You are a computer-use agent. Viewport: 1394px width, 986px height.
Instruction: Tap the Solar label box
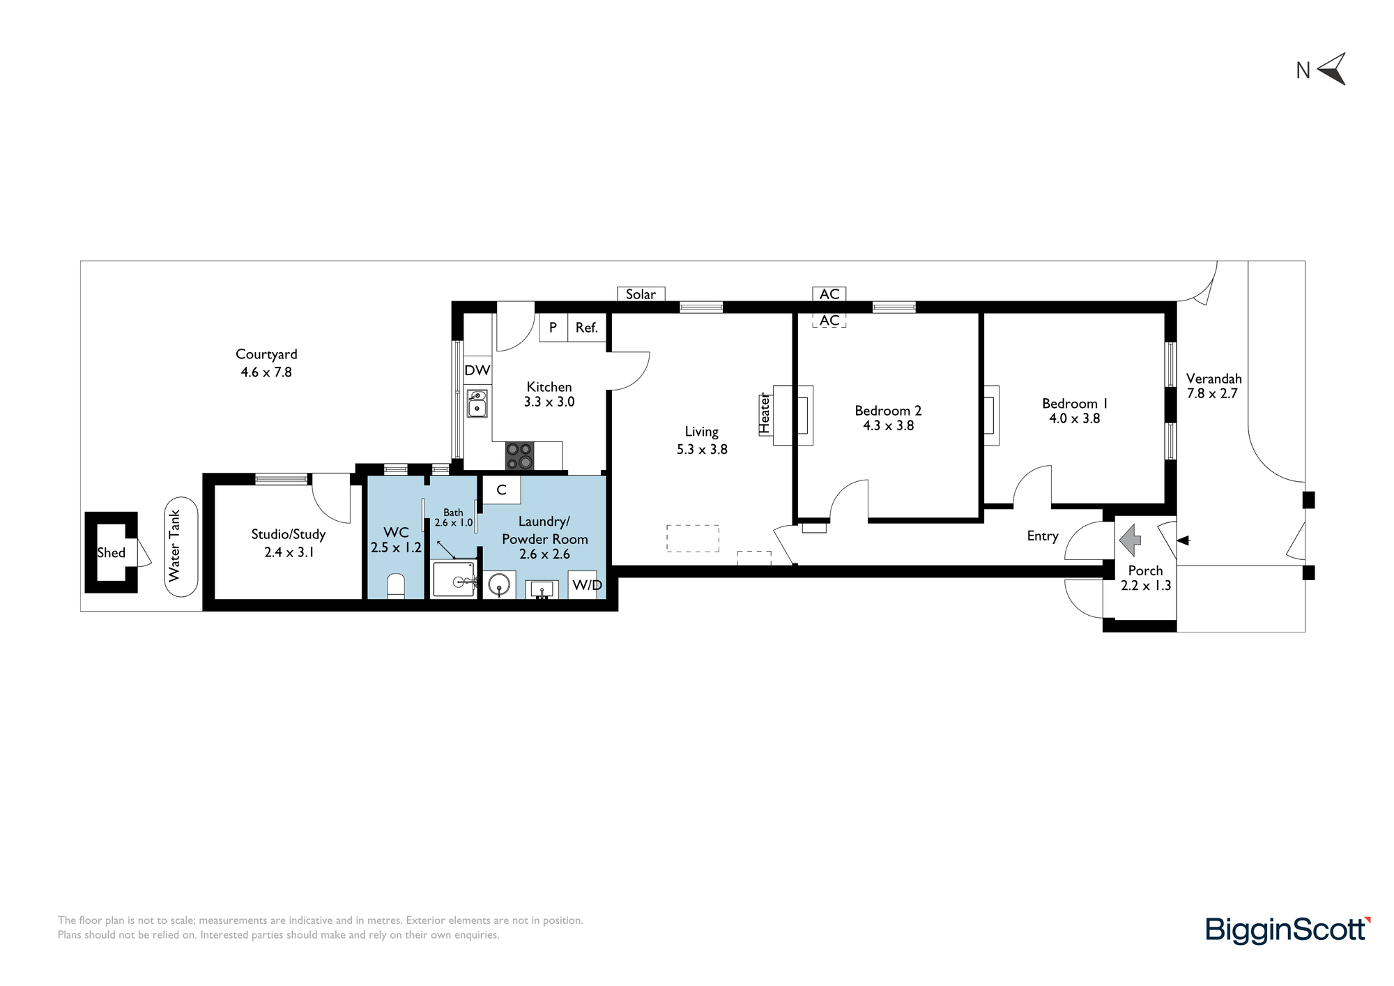641,294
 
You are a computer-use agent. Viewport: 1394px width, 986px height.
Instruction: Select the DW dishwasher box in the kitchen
477,370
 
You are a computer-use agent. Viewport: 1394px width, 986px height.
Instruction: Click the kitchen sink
477,403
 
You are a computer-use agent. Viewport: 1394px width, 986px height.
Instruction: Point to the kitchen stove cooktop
520,456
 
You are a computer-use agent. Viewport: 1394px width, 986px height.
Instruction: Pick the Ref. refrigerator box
587,327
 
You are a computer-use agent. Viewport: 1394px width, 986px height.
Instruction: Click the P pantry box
553,327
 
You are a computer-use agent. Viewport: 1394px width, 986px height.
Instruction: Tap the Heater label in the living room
765,414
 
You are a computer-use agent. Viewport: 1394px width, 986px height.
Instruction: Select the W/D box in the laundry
587,584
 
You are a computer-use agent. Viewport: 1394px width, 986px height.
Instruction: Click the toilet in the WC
396,586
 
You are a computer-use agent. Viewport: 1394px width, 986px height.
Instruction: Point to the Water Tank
181,546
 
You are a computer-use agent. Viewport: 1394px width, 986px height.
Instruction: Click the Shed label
112,552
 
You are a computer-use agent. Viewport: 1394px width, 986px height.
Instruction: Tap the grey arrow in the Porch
1130,540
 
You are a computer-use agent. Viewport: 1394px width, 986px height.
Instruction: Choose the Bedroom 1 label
1075,403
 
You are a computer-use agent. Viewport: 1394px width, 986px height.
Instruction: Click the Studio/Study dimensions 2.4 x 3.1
289,552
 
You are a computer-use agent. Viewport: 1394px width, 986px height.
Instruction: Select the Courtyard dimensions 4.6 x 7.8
266,372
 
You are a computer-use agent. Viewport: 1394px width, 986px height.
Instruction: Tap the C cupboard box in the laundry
501,490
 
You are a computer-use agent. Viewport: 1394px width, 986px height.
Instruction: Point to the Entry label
1043,536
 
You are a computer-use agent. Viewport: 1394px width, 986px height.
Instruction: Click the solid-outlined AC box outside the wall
829,294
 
